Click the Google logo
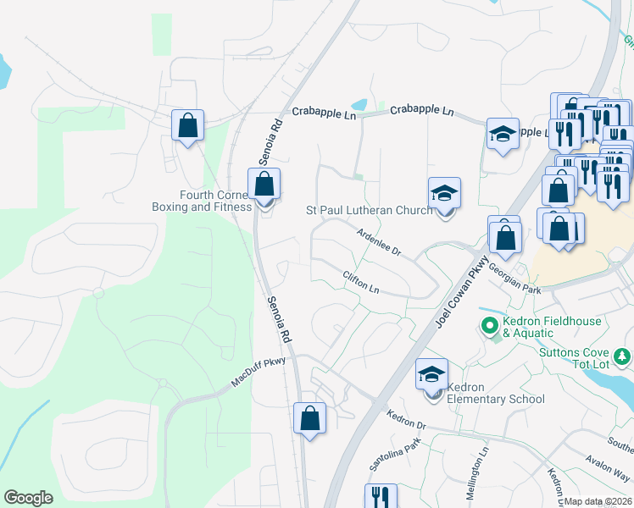(x=29, y=498)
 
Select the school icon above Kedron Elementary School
(x=431, y=374)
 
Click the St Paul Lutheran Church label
(x=369, y=210)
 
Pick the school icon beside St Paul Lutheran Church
(x=443, y=193)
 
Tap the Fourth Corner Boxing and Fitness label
(x=202, y=200)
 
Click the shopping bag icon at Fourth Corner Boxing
(x=264, y=184)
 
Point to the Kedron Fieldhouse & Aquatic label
(x=552, y=327)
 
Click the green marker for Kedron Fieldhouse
(x=489, y=324)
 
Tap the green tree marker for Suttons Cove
(x=622, y=356)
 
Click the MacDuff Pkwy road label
(x=259, y=373)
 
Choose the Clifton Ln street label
(x=361, y=282)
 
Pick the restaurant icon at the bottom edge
(x=381, y=496)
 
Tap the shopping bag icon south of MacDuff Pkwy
(x=309, y=418)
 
